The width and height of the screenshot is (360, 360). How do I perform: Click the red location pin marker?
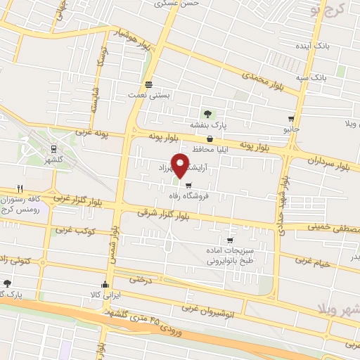click(x=181, y=165)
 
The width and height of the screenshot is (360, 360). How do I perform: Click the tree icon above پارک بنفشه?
click(x=207, y=113)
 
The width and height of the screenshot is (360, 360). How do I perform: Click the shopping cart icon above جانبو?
click(x=291, y=119)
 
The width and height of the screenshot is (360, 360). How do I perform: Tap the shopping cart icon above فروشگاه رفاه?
click(x=188, y=186)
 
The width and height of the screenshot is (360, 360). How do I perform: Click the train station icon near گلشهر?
click(x=53, y=148)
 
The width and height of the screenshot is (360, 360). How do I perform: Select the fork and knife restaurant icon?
click(x=19, y=188)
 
